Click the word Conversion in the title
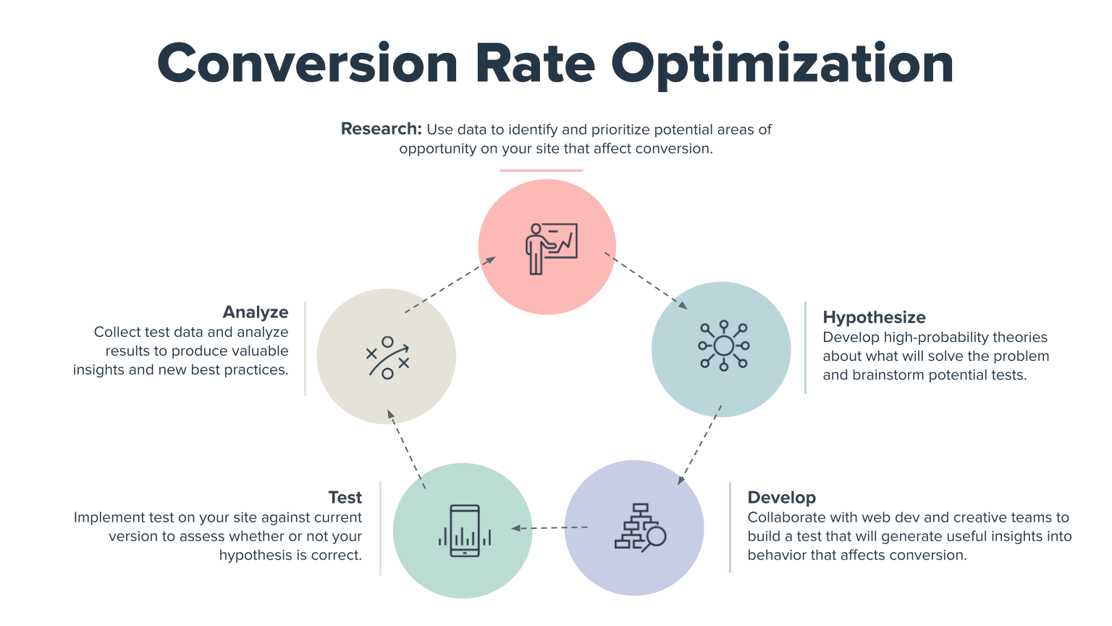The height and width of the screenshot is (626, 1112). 307,64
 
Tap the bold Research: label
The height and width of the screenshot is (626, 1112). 381,129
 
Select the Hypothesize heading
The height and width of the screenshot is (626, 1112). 874,317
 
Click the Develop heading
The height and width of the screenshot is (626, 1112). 781,498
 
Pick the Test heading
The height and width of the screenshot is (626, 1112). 345,498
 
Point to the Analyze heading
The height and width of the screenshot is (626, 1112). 256,312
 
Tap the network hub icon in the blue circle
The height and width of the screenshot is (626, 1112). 723,346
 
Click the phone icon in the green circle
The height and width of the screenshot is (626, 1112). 465,531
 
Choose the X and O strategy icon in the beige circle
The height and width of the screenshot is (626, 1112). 387,357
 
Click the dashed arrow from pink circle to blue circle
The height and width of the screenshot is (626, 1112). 646,281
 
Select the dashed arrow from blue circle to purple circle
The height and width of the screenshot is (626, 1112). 700,445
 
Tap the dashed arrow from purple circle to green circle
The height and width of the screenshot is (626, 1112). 549,528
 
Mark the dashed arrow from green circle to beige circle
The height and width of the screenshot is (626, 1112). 406,448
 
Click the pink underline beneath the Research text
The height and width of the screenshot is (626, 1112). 541,171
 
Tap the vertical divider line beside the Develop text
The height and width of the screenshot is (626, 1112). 730,527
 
